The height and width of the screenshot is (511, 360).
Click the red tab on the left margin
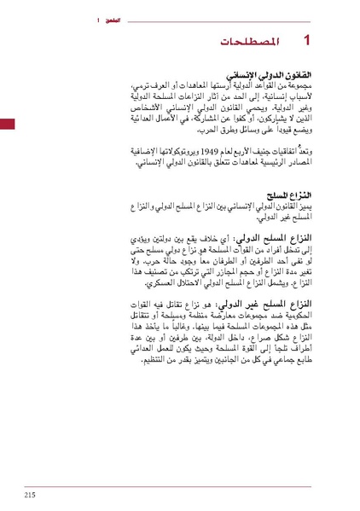pos(7,125)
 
